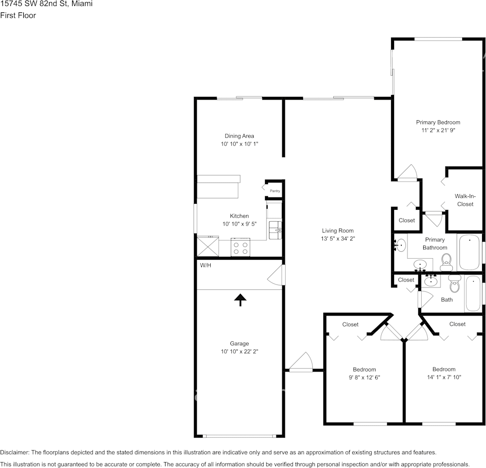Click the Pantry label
pyautogui.click(x=275, y=191)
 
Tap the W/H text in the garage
pyautogui.click(x=206, y=266)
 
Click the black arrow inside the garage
pyautogui.click(x=240, y=300)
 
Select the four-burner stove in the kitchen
pyautogui.click(x=241, y=247)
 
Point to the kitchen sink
pyautogui.click(x=275, y=229)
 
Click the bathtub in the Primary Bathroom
pyautogui.click(x=469, y=252)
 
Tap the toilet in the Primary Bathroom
pyautogui.click(x=446, y=261)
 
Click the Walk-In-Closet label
pyautogui.click(x=464, y=200)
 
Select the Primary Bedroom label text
pyautogui.click(x=438, y=122)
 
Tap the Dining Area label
pyautogui.click(x=239, y=136)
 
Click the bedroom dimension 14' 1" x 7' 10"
pyautogui.click(x=443, y=377)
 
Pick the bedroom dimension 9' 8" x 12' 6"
pyautogui.click(x=364, y=377)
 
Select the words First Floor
pyautogui.click(x=18, y=15)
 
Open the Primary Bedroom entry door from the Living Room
pyautogui.click(x=407, y=173)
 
